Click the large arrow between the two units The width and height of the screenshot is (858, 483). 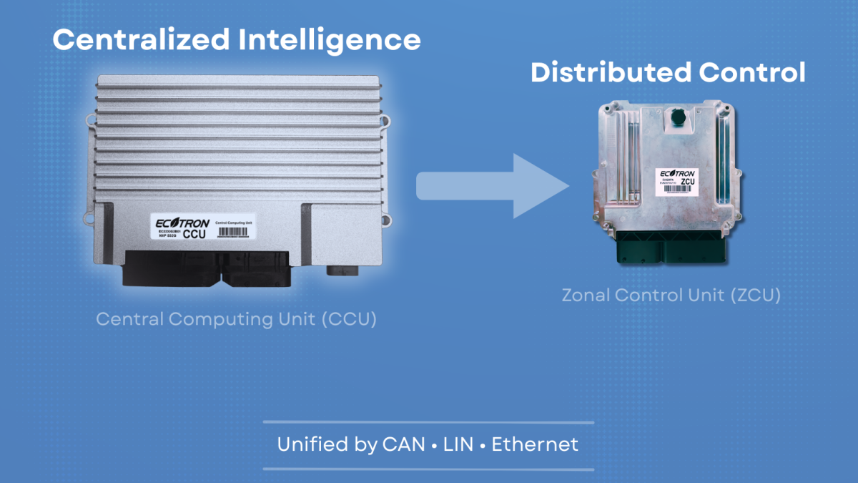(493, 185)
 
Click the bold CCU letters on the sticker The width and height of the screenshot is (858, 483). (195, 235)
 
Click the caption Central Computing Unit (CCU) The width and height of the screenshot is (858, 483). (236, 319)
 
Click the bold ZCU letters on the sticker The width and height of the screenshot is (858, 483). (688, 182)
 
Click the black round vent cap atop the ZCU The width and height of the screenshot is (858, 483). (674, 117)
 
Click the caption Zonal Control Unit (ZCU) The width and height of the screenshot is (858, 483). (671, 295)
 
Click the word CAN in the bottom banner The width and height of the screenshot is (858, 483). (403, 444)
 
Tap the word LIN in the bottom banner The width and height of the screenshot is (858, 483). (458, 444)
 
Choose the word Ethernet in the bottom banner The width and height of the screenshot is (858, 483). (535, 444)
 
